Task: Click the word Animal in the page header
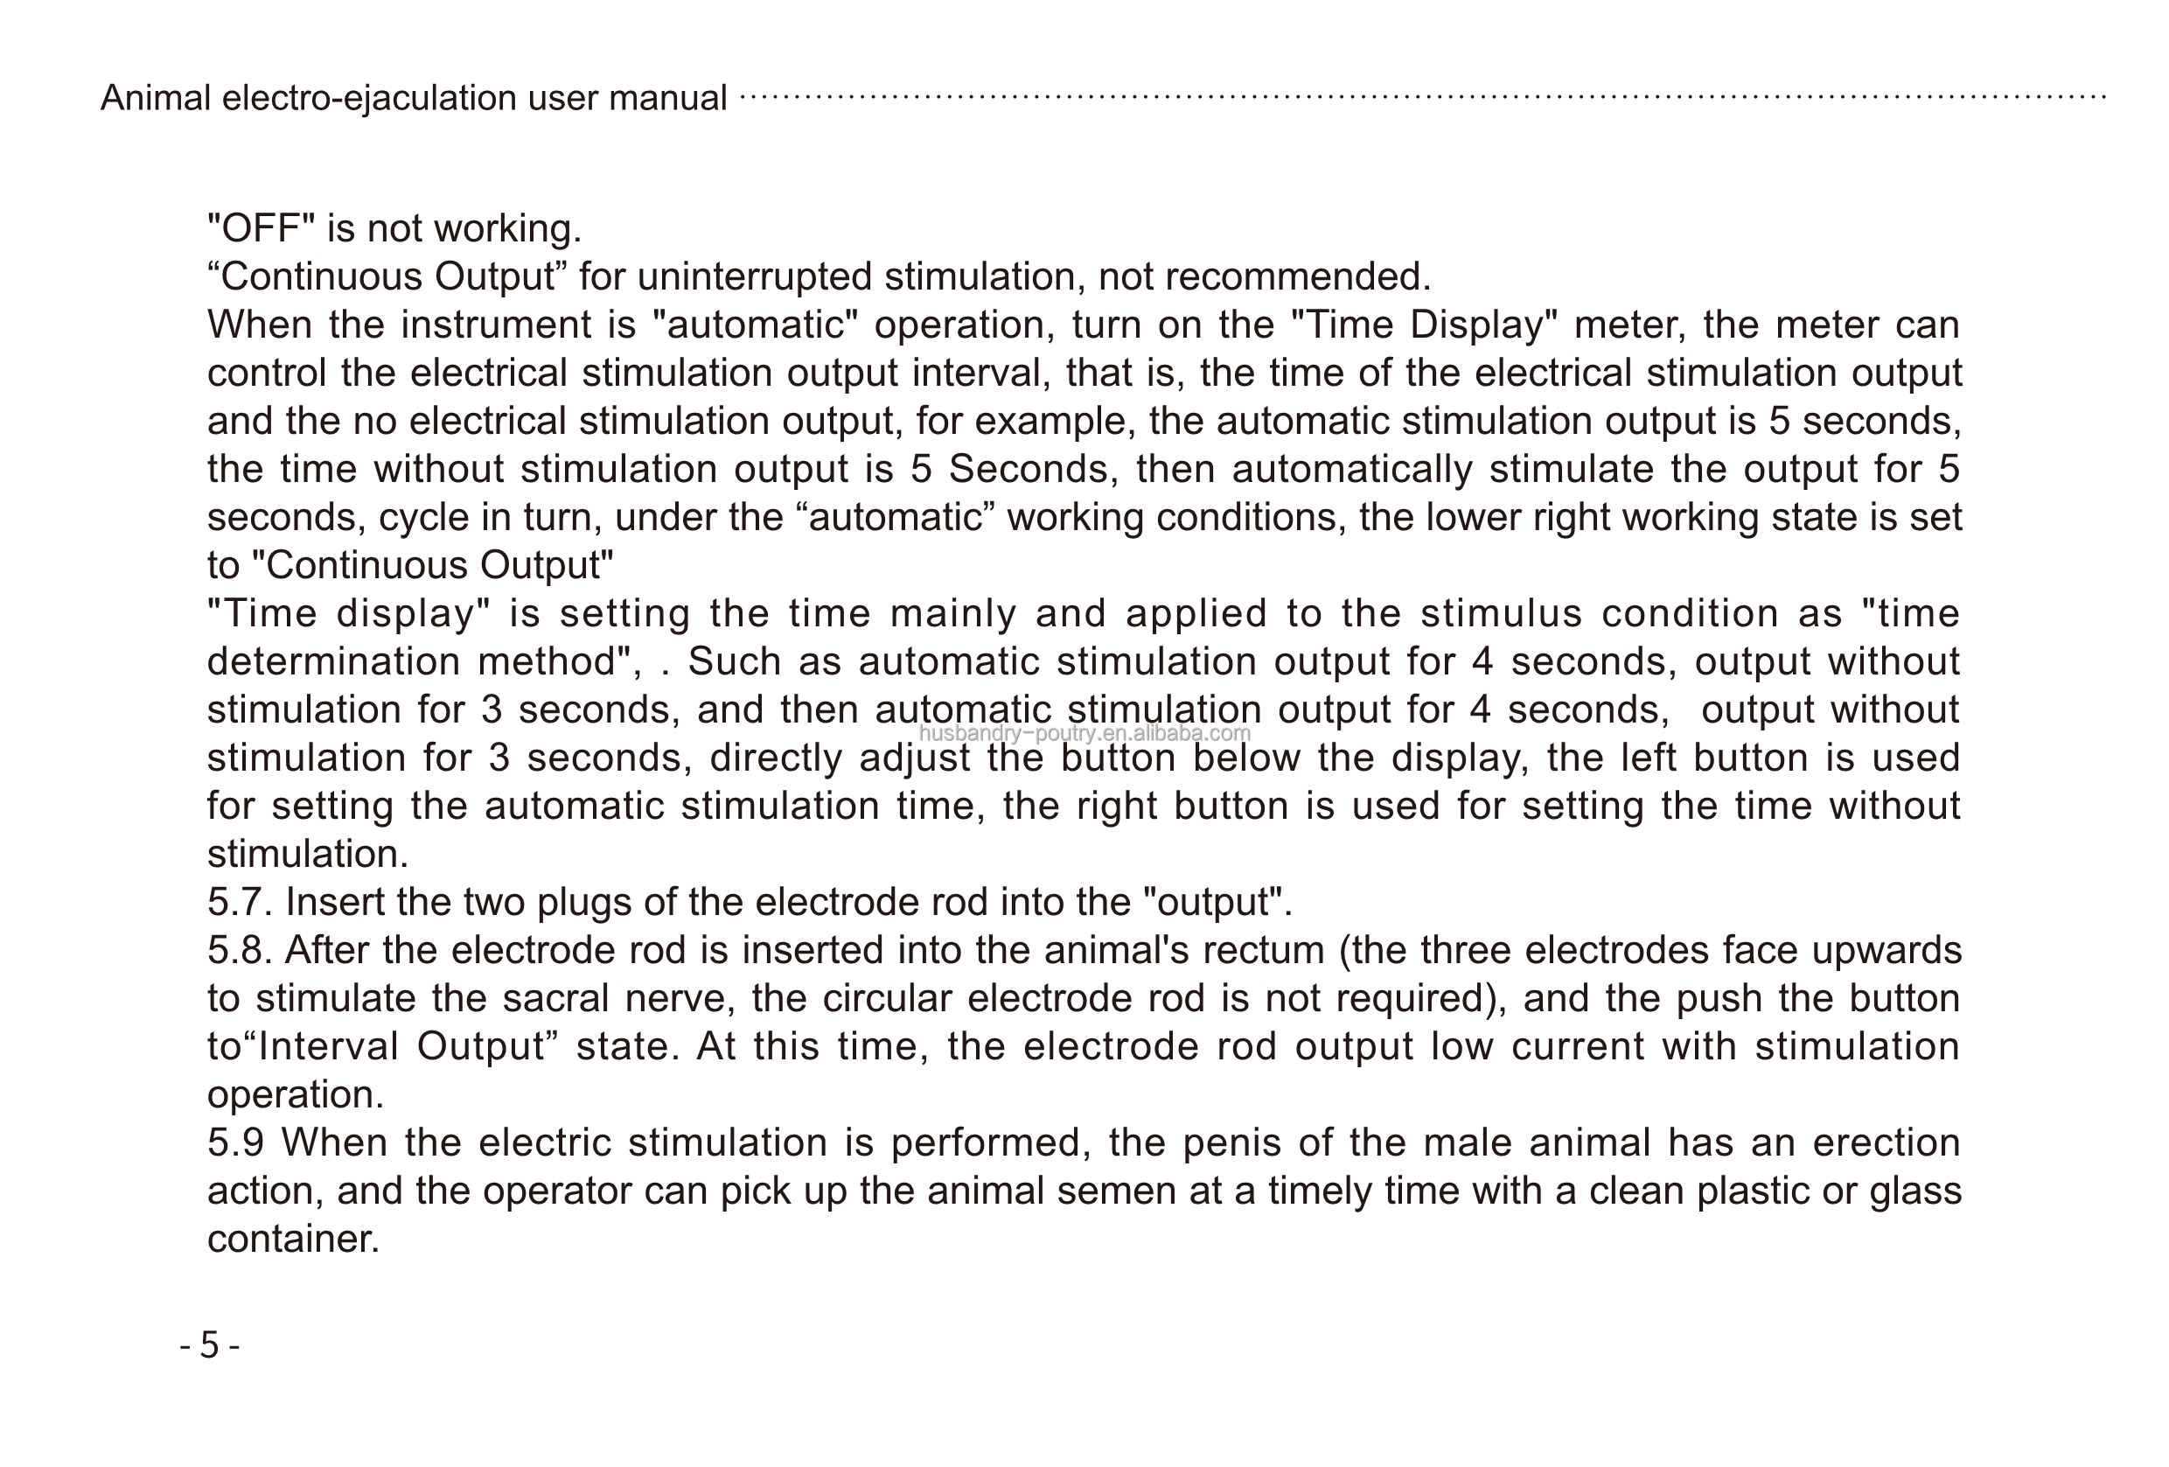pyautogui.click(x=155, y=98)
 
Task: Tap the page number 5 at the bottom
pyautogui.click(x=209, y=1345)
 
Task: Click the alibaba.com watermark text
pyautogui.click(x=1084, y=733)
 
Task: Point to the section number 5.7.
pyautogui.click(x=239, y=903)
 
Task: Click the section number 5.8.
pyautogui.click(x=239, y=951)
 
